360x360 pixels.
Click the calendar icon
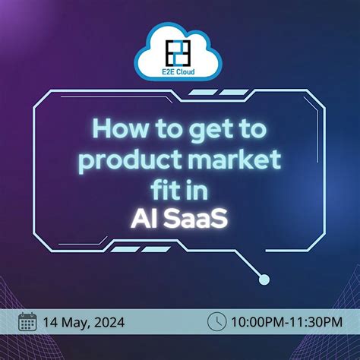[x=28, y=322]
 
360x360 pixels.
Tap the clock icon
[x=217, y=322]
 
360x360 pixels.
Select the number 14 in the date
[x=52, y=323]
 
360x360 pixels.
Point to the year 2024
[x=113, y=323]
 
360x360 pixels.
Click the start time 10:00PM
[x=257, y=323]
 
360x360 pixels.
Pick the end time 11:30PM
[x=312, y=323]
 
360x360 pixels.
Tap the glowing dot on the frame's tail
[x=263, y=280]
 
